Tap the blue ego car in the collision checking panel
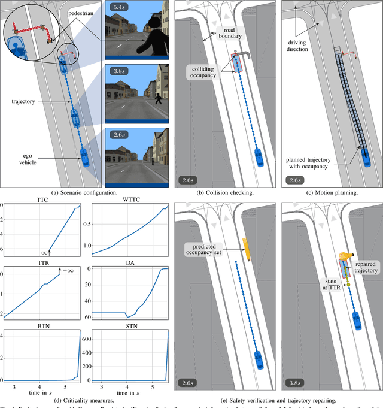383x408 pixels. pyautogui.click(x=259, y=156)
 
